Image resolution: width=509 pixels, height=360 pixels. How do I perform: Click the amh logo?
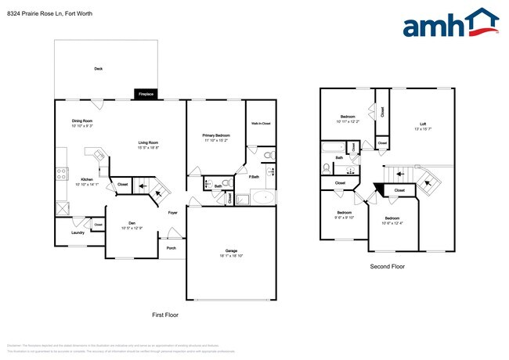point(449,23)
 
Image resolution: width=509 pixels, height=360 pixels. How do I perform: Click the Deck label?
point(99,69)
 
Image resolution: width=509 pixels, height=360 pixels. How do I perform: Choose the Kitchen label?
point(87,179)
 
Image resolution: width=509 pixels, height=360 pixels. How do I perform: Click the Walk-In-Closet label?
point(261,124)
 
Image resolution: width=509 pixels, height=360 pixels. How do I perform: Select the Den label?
point(128,223)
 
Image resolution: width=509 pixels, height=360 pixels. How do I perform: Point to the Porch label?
point(171,248)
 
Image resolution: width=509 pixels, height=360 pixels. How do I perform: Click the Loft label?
point(422,124)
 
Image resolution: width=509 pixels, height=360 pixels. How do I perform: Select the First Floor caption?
point(164,315)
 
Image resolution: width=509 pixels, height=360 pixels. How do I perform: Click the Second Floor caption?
point(387,267)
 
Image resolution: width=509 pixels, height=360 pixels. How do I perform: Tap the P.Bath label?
point(254,177)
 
